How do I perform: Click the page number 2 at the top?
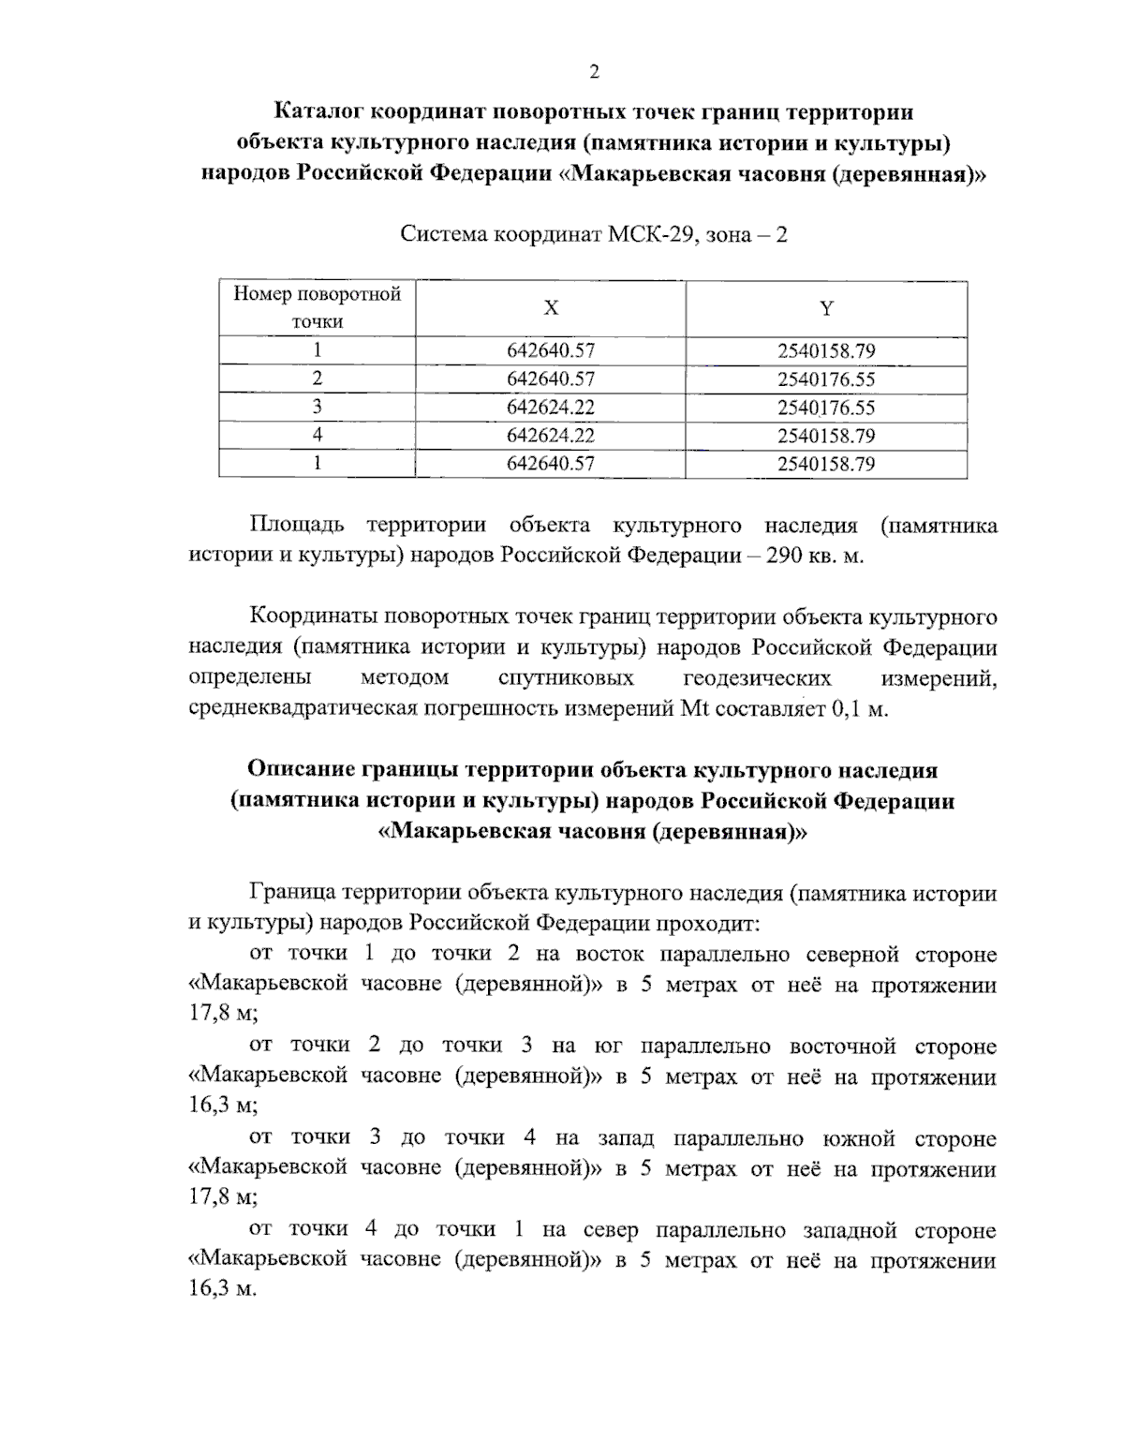[x=592, y=72]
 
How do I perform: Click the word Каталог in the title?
[x=318, y=112]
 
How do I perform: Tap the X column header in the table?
[x=551, y=308]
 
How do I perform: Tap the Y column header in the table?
[x=826, y=308]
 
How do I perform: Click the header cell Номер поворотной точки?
[x=318, y=308]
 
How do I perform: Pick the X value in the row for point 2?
[x=551, y=379]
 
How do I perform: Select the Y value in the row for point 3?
[x=826, y=408]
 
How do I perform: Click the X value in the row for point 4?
[x=551, y=436]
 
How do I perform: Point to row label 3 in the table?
[x=318, y=408]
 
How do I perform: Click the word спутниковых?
[x=566, y=677]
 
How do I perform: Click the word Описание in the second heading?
[x=301, y=770]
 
